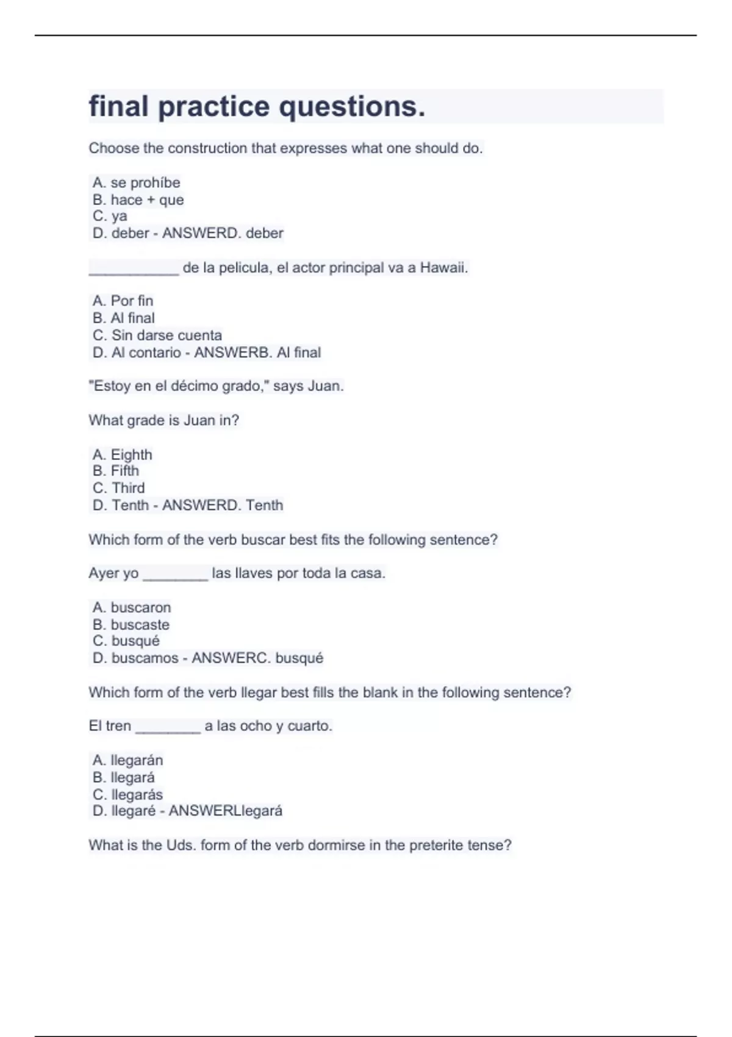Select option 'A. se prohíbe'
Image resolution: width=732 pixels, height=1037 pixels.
click(x=136, y=183)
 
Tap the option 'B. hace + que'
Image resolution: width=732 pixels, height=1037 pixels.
click(x=138, y=200)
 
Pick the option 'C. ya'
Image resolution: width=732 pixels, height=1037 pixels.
click(x=110, y=216)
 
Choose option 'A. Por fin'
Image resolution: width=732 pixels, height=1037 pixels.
click(x=123, y=301)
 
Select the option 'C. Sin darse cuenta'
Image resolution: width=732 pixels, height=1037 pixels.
click(x=157, y=335)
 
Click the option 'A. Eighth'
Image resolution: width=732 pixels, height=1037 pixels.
click(x=122, y=455)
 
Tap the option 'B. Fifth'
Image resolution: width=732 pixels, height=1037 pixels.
click(x=116, y=471)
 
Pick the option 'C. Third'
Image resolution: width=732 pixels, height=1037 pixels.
click(x=118, y=488)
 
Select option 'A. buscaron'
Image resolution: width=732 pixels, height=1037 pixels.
click(x=132, y=608)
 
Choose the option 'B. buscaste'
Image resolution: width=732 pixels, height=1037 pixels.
click(x=131, y=625)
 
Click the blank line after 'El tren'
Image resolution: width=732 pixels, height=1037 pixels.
click(x=168, y=728)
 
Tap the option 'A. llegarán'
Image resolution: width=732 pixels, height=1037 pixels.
click(x=127, y=761)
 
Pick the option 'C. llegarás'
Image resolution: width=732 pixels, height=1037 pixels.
click(x=127, y=795)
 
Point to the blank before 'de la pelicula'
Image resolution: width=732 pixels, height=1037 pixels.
click(x=134, y=270)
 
